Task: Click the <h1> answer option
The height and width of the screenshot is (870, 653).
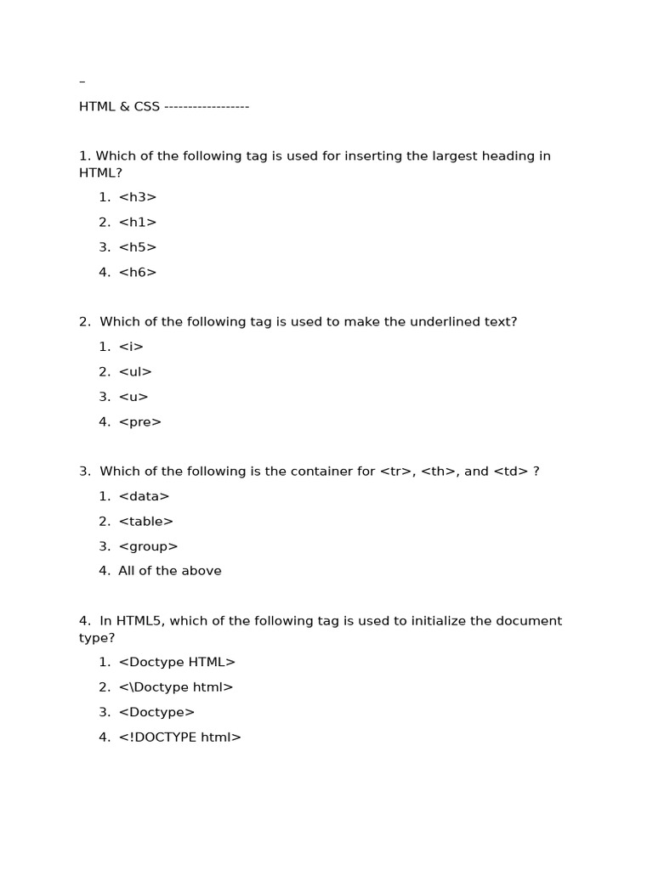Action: (x=138, y=223)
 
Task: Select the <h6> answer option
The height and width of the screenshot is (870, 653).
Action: (x=138, y=273)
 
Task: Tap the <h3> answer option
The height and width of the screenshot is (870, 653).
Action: (x=138, y=197)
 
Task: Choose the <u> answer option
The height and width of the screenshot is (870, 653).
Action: (x=133, y=397)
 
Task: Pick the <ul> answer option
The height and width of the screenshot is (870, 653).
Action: (x=135, y=372)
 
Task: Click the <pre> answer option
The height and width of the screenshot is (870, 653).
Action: (x=139, y=422)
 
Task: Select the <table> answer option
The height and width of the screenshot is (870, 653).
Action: (x=145, y=522)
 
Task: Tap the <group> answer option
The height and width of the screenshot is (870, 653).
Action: (x=148, y=546)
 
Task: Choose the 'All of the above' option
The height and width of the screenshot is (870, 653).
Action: (x=169, y=571)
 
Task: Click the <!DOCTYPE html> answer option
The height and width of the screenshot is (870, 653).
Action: (x=179, y=737)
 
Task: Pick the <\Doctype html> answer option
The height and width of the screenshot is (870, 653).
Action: (x=175, y=687)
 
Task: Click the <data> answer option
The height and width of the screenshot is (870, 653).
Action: (x=144, y=496)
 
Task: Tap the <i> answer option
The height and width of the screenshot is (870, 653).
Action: (x=131, y=347)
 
